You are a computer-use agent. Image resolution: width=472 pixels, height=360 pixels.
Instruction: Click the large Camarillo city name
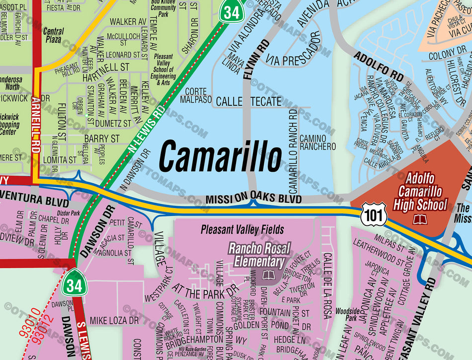click(x=220, y=155)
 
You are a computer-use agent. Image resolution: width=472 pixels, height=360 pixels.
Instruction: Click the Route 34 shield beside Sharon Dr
click(x=231, y=12)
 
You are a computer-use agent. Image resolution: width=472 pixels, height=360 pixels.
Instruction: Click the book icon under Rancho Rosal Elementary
click(x=269, y=275)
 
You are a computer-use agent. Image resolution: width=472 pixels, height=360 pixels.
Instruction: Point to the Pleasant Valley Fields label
click(x=242, y=229)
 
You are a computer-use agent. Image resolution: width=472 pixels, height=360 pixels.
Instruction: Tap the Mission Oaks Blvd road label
click(x=253, y=199)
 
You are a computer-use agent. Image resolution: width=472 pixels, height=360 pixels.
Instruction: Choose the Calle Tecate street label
click(x=248, y=102)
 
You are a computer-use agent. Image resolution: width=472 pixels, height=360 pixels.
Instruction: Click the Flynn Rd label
click(x=249, y=60)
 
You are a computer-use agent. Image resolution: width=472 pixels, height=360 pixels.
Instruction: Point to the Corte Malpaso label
click(x=195, y=95)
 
